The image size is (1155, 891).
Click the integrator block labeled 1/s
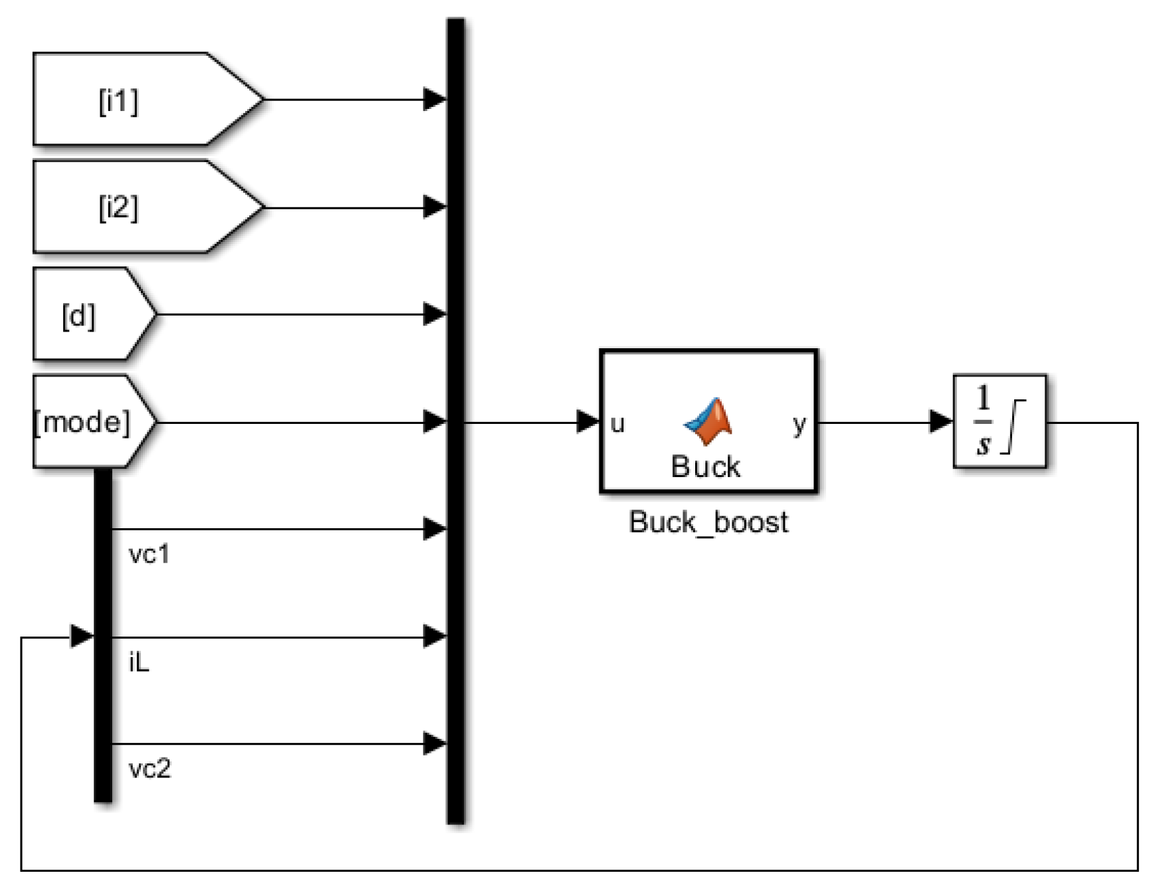coord(999,421)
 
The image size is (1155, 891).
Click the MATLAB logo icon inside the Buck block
coord(708,421)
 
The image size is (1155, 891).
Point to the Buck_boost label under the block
coord(708,522)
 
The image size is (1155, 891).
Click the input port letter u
coord(617,424)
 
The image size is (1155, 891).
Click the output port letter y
coord(799,423)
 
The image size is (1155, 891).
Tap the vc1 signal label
coord(150,554)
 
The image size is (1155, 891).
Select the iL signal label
coord(139,662)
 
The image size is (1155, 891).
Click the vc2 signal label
coord(150,769)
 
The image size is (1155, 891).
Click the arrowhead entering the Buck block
coord(587,421)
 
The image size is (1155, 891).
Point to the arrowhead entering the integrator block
coord(940,421)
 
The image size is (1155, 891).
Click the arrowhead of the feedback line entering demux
coord(82,637)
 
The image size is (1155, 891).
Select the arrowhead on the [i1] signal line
coord(435,100)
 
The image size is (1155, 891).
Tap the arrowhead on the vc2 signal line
coord(435,743)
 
